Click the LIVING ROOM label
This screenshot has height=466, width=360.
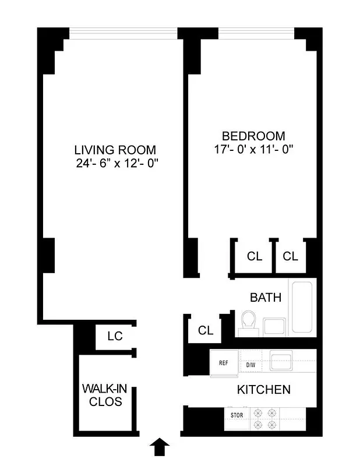point(115,150)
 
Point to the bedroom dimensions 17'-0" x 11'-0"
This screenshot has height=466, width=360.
point(253,150)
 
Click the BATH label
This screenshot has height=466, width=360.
point(266,298)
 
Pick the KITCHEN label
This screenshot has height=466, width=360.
point(263,390)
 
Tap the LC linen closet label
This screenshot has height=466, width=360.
point(114,336)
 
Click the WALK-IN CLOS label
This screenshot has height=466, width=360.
point(102,395)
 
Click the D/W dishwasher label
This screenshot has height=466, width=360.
point(251,365)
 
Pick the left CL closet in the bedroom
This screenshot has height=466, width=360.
point(255,256)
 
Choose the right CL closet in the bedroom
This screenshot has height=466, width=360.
point(291,256)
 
